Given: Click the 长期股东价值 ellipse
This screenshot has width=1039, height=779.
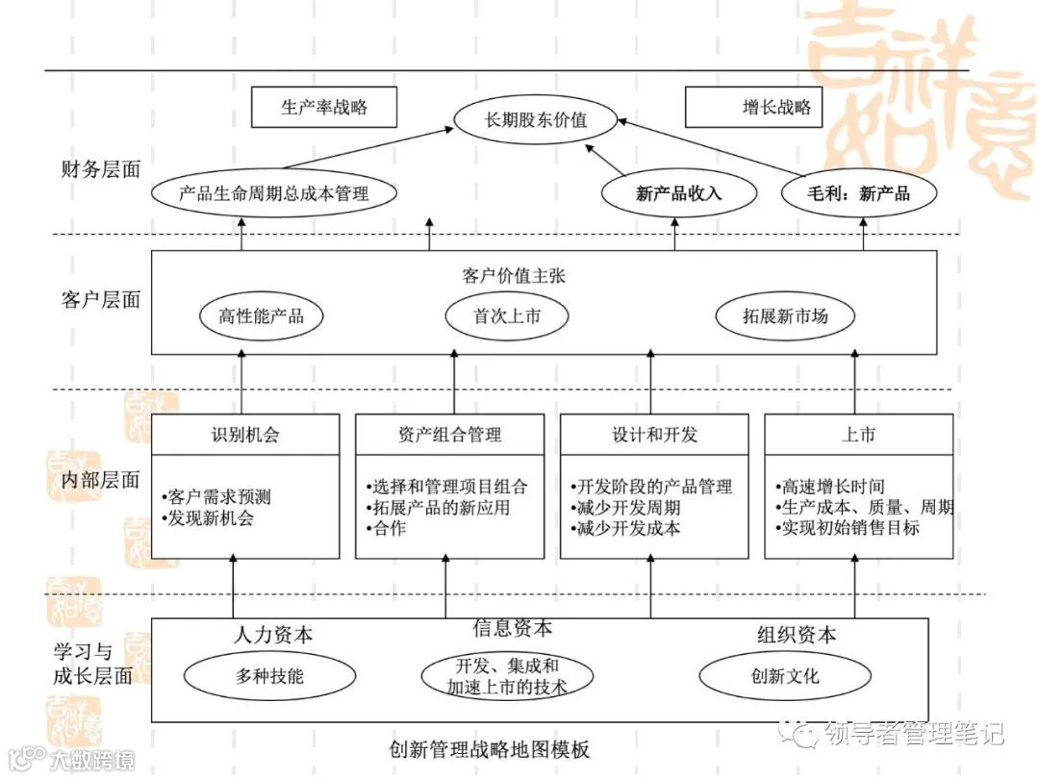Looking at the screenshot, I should point(536,121).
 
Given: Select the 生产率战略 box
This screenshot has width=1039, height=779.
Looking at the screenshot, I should point(324,108).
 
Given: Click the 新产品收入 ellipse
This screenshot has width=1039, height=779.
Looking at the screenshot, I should point(678,193).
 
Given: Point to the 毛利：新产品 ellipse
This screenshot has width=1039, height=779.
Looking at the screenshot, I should point(859,193).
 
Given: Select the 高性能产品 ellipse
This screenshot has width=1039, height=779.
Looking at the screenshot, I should point(261,315).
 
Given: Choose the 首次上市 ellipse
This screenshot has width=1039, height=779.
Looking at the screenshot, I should point(507,315).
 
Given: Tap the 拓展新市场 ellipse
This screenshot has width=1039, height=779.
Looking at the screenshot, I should point(785,315).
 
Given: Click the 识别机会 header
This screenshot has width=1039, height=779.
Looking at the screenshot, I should point(245,435).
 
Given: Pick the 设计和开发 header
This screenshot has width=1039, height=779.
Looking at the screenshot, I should point(654,435).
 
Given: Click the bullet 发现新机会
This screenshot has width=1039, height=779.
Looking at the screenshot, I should point(213,519).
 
